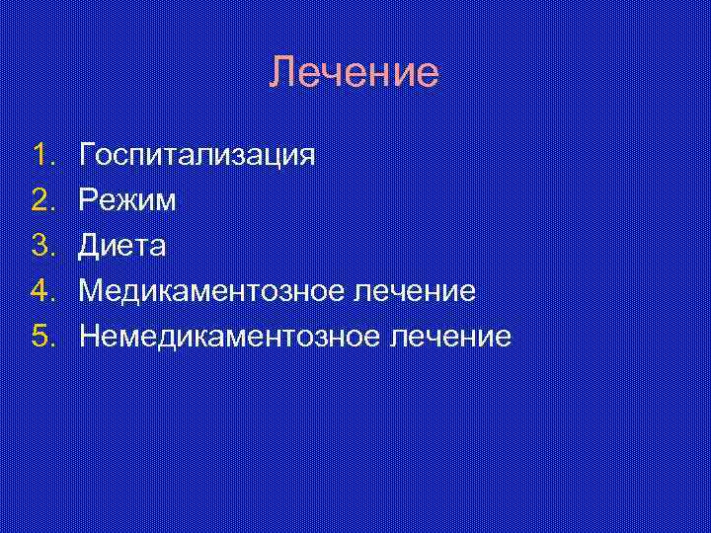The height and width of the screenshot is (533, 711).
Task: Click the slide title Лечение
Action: (x=355, y=72)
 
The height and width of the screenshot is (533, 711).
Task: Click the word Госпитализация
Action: (x=197, y=156)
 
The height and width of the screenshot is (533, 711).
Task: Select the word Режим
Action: (x=128, y=201)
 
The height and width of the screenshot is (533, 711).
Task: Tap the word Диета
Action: (x=123, y=246)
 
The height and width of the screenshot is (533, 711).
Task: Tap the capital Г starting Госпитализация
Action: (x=88, y=155)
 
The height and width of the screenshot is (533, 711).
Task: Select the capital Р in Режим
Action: (x=89, y=200)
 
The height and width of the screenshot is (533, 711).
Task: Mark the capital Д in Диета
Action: (x=90, y=246)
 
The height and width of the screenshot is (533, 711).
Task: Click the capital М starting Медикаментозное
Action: (x=92, y=291)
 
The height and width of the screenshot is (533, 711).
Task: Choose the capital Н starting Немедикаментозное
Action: (x=90, y=337)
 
